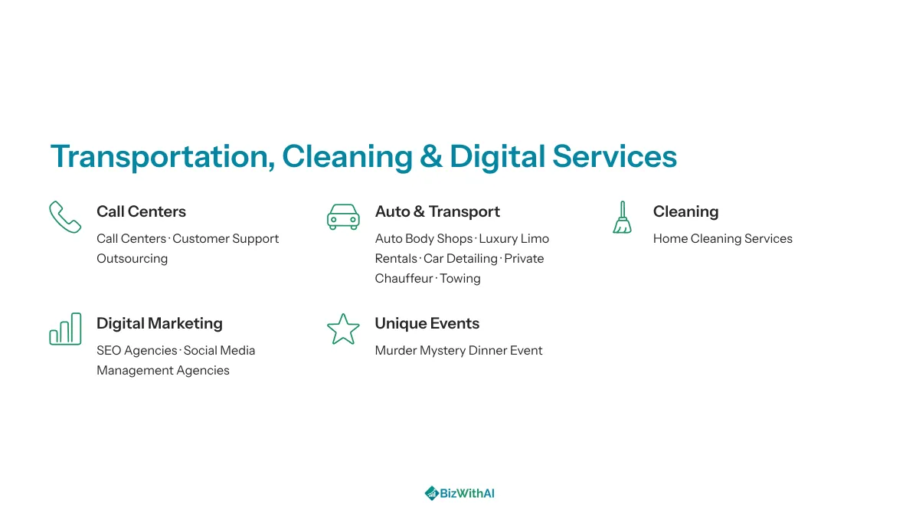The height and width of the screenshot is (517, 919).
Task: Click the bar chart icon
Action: pyautogui.click(x=65, y=329)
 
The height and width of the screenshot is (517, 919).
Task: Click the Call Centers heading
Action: pyautogui.click(x=141, y=211)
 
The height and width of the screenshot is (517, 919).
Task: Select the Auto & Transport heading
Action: pyautogui.click(x=437, y=211)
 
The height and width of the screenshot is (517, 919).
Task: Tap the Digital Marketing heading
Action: pyautogui.click(x=159, y=324)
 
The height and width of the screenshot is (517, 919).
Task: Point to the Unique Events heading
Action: pyautogui.click(x=427, y=324)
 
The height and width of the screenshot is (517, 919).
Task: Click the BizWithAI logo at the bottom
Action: pyautogui.click(x=459, y=493)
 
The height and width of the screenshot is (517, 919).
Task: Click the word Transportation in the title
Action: pyautogui.click(x=162, y=157)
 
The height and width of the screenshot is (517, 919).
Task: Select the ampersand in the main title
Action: pyautogui.click(x=431, y=156)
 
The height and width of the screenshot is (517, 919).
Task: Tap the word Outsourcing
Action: pyautogui.click(x=132, y=259)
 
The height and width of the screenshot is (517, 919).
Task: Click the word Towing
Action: pyautogui.click(x=460, y=279)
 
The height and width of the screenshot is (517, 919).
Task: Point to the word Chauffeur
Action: pyautogui.click(x=404, y=278)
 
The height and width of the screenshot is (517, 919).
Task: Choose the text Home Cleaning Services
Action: pyautogui.click(x=723, y=239)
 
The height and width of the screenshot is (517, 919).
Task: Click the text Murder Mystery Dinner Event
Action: pyautogui.click(x=459, y=351)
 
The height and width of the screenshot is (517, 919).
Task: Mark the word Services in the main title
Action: pyautogui.click(x=614, y=156)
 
